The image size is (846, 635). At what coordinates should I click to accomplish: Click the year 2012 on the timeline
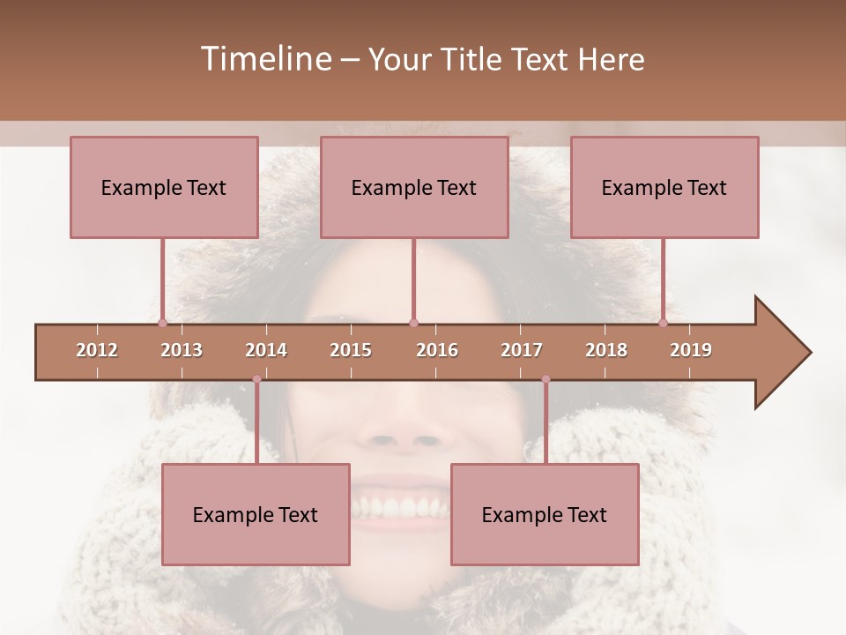[x=97, y=350]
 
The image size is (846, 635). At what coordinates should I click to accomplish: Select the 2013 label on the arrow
[x=182, y=350]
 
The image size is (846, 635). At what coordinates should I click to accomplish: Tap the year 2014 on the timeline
[x=266, y=350]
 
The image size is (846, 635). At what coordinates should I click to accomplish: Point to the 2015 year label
[x=351, y=350]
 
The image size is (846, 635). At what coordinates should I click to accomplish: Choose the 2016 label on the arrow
[x=437, y=350]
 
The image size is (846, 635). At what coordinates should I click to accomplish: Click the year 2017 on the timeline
[x=522, y=350]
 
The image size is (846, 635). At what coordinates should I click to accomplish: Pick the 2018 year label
[x=606, y=350]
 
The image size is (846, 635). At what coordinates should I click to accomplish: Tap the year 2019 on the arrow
[x=691, y=350]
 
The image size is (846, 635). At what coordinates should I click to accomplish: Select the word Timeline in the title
[x=264, y=59]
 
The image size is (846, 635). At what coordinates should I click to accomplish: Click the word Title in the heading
[x=473, y=59]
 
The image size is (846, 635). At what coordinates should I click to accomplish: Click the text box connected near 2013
[x=164, y=187]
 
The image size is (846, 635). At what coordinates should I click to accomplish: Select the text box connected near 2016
[x=414, y=187]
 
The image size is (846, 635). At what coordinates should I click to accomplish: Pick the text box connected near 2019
[x=664, y=187]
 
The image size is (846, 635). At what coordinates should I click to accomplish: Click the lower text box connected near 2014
[x=256, y=514]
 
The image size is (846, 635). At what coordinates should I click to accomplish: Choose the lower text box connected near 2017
[x=545, y=514]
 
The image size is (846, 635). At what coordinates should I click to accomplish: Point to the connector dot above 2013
[x=162, y=323]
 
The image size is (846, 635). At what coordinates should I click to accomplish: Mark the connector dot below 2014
[x=256, y=379]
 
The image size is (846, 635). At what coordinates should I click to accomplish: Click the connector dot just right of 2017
[x=545, y=379]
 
